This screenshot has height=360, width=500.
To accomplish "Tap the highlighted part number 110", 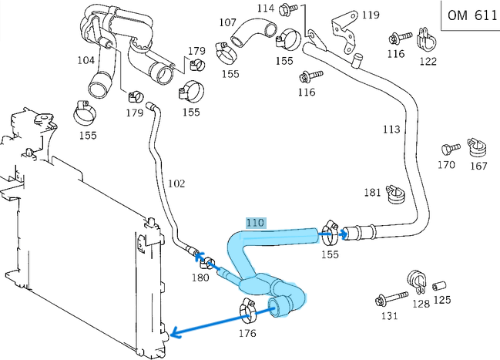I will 255,223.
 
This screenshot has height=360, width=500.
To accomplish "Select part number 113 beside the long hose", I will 391,129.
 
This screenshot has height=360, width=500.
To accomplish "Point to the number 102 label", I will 176,183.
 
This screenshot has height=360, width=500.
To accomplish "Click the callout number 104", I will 86,59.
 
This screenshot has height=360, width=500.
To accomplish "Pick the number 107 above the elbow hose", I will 227,22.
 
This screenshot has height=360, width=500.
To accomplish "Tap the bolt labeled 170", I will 447,149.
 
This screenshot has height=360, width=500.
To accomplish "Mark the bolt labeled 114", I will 290,11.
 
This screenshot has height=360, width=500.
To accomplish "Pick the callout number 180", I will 200,278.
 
